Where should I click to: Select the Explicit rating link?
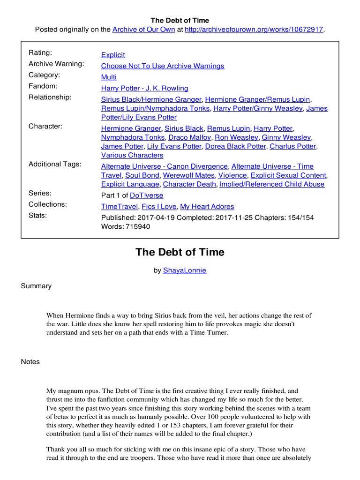[x=113, y=55]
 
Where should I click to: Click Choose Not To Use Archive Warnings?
[x=163, y=66]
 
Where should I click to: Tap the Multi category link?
[x=109, y=77]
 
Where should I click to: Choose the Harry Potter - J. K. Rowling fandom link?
[x=145, y=88]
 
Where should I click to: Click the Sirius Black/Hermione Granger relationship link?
[x=151, y=99]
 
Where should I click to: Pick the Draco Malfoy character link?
[x=189, y=137]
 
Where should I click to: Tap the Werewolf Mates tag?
[x=189, y=175]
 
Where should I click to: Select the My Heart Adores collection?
[x=207, y=206]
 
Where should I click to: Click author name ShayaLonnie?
[x=184, y=270]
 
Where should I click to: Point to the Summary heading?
[x=36, y=286]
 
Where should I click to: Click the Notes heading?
[x=30, y=362]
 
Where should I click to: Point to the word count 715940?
[x=136, y=226]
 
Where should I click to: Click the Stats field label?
[x=38, y=216]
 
